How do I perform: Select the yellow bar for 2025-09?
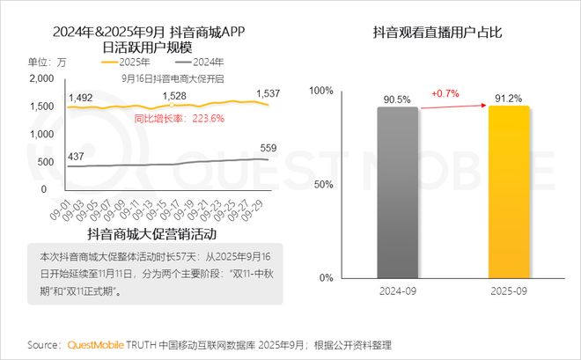coord(510,191)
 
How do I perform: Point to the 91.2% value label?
coord(510,99)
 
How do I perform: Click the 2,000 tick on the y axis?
coord(42,78)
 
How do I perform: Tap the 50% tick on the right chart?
coord(322,184)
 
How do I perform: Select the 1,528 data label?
coord(172,96)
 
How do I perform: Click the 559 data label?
coord(268,148)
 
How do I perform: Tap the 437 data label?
coord(76,157)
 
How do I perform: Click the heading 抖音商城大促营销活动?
coord(151,235)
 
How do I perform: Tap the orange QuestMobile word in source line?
coord(98,344)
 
